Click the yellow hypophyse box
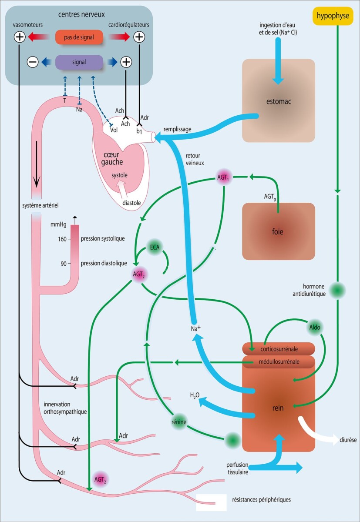click(x=333, y=16)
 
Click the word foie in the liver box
click(x=278, y=232)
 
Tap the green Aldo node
click(x=316, y=326)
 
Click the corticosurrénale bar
click(x=278, y=349)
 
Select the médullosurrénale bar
click(x=278, y=361)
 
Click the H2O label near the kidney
click(x=194, y=395)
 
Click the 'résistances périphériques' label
click(x=262, y=500)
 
